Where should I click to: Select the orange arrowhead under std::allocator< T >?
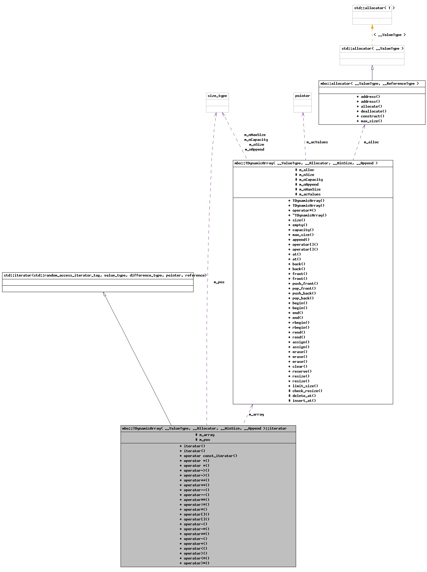tap(372, 27)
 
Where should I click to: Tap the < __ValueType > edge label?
tap(389, 35)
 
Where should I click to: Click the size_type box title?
tap(217, 96)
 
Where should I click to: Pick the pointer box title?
tap(302, 96)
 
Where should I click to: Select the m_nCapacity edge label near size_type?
tap(256, 140)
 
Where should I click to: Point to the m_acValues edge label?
tap(317, 142)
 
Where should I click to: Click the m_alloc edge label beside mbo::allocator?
tap(371, 142)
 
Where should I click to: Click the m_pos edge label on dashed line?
tap(219, 282)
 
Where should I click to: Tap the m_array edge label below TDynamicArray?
tap(256, 414)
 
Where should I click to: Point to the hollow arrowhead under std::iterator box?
tap(104, 294)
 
